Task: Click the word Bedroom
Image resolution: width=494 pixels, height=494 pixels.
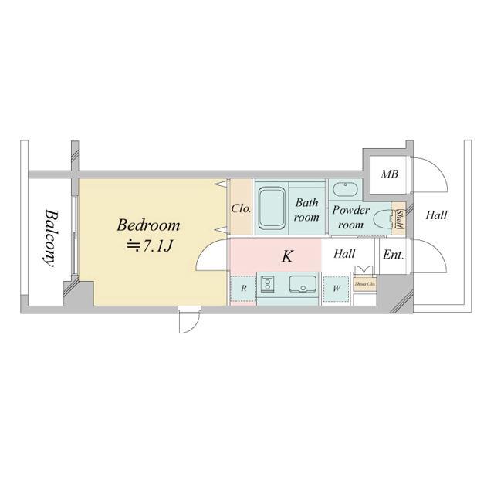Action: coord(148,226)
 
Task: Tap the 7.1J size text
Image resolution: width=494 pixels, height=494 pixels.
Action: coord(148,245)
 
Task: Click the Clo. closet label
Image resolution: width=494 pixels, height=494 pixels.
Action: coord(240,208)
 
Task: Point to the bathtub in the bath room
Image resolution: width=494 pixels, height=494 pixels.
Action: coord(272,208)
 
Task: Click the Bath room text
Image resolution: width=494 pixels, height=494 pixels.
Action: coord(306,210)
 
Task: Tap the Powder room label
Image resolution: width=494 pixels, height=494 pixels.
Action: coord(351,217)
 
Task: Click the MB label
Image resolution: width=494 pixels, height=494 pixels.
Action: coord(389,174)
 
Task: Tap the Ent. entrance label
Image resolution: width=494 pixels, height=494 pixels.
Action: coord(393,254)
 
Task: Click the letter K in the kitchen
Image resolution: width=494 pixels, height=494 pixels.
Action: coord(287,257)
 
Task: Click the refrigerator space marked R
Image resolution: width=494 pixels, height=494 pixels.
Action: coord(243,289)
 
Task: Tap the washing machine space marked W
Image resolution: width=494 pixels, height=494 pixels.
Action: coord(336,289)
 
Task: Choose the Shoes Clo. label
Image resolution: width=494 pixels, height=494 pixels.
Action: coord(364,284)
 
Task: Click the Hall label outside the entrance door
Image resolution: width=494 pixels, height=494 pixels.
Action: coord(436,216)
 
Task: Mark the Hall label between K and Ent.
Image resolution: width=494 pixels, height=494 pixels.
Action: coord(344,253)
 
